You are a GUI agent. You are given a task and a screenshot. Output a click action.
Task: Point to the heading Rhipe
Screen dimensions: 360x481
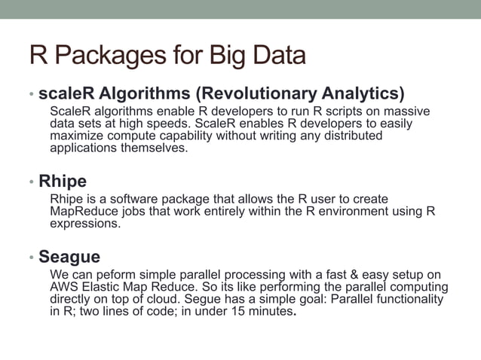[63, 182]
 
